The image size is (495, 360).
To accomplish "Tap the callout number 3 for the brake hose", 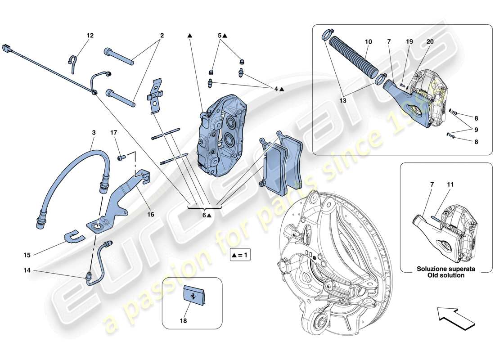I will pyautogui.click(x=94, y=133).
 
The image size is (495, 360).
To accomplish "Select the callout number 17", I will pyautogui.click(x=114, y=133).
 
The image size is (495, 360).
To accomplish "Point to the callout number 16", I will pyautogui.click(x=150, y=215).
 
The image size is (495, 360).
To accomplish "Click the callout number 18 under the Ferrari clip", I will pyautogui.click(x=184, y=321).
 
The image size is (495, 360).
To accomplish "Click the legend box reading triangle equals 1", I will pyautogui.click(x=240, y=255).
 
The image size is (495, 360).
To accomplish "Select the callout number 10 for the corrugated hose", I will pyautogui.click(x=368, y=41).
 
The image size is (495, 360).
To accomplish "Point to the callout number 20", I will pyautogui.click(x=430, y=41).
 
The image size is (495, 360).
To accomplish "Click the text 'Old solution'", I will pyautogui.click(x=446, y=275).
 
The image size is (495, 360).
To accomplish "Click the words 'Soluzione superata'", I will pyautogui.click(x=446, y=269).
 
